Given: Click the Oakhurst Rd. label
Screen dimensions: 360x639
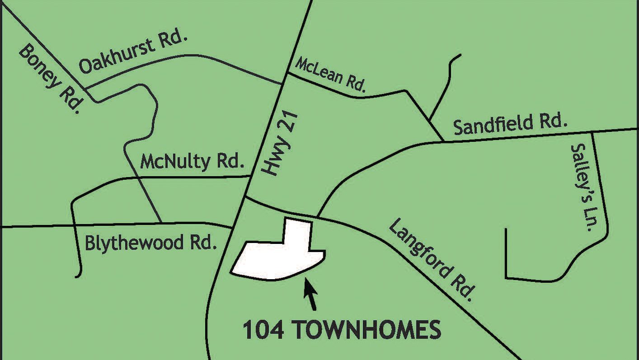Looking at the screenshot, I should [x=133, y=54].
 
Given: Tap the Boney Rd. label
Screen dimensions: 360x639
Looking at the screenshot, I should [x=49, y=78].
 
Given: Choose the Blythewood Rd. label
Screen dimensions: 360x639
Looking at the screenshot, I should [x=149, y=243].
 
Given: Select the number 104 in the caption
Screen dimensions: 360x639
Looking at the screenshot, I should [x=263, y=330].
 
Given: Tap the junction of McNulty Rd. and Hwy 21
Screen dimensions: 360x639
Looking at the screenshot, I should [x=251, y=175].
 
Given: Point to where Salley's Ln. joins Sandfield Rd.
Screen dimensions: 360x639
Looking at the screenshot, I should [x=592, y=132].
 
